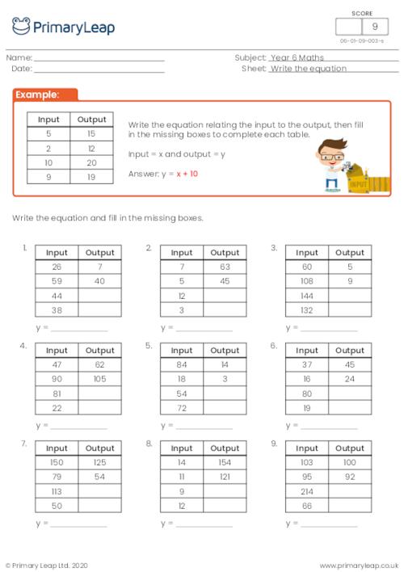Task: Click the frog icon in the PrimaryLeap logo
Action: (x=21, y=26)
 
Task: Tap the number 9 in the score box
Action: (x=374, y=27)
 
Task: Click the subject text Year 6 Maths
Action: (x=297, y=58)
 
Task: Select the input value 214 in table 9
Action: (x=306, y=490)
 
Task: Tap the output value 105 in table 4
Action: (x=100, y=378)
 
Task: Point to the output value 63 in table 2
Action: (x=225, y=266)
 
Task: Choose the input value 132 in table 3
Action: (x=306, y=309)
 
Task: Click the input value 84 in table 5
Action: (x=182, y=364)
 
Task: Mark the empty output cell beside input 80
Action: (x=350, y=393)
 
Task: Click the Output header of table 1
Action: (x=100, y=252)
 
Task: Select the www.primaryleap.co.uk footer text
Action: (x=360, y=565)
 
